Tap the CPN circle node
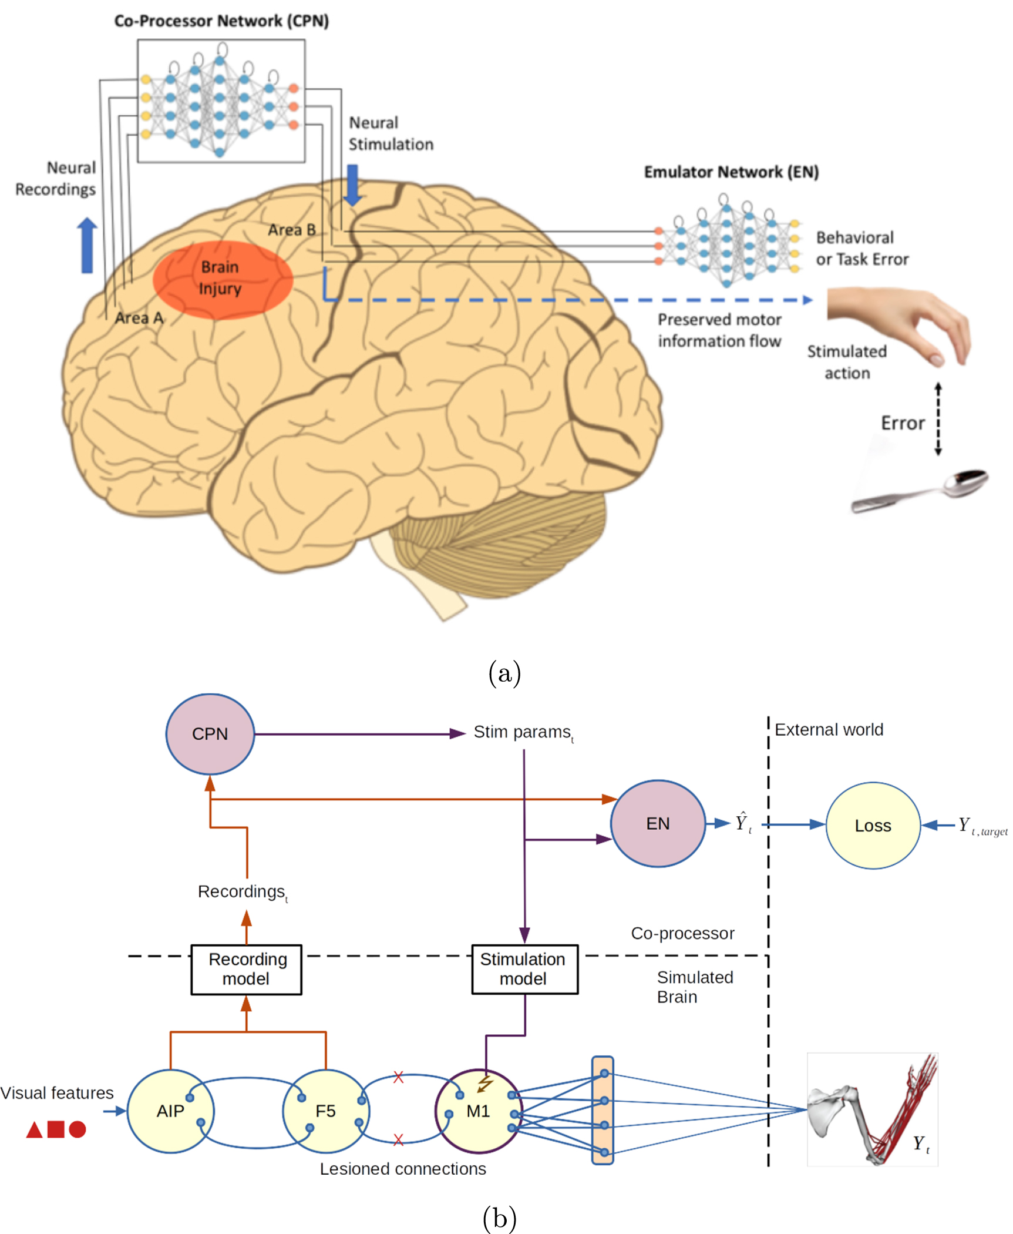[x=210, y=733]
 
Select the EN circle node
[x=657, y=823]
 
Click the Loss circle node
[x=873, y=825]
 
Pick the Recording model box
[x=246, y=969]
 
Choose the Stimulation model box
[x=524, y=969]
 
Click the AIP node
[x=170, y=1111]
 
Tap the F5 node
[x=325, y=1111]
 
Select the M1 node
[x=478, y=1111]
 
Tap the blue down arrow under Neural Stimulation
[x=352, y=185]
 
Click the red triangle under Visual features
[x=35, y=1130]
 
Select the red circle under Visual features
[x=78, y=1129]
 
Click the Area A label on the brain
[x=139, y=318]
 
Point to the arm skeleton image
[x=872, y=1109]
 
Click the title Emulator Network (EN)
[x=731, y=172]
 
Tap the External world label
[x=829, y=729]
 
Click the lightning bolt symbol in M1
[x=485, y=1083]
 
